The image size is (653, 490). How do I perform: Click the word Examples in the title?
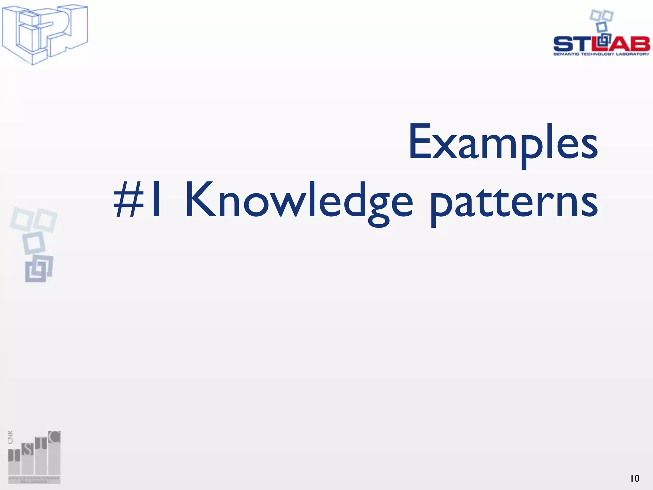coord(503,142)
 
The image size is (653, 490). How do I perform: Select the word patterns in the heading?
coord(513,202)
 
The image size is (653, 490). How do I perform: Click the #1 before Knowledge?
coord(137,199)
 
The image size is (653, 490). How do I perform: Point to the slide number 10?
coord(635,478)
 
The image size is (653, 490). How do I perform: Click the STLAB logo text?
coord(601,44)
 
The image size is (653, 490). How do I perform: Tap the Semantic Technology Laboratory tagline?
coord(601,54)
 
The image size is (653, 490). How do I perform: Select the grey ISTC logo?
coord(34,456)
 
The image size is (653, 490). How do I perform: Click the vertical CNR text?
coord(10,437)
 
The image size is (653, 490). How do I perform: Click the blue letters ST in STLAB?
coord(572,44)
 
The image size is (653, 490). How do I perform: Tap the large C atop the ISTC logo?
coord(54,437)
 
